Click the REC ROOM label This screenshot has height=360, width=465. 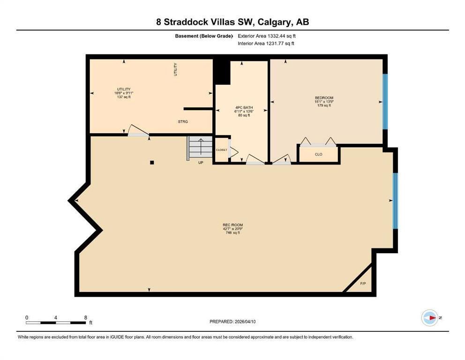[233, 225]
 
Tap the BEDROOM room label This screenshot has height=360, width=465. [324, 98]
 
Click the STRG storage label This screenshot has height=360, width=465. [183, 121]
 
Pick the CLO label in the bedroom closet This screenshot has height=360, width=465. [318, 155]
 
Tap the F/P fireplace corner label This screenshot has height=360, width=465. [363, 284]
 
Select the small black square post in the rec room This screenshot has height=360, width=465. [152, 163]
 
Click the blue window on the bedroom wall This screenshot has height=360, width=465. [385, 101]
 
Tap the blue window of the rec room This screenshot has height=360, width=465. [395, 201]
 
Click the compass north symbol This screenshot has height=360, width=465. [430, 318]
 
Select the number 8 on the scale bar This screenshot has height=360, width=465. [86, 318]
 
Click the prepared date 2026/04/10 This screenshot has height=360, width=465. [245, 322]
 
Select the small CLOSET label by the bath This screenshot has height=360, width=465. [222, 150]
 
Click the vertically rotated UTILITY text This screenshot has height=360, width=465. [175, 69]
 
